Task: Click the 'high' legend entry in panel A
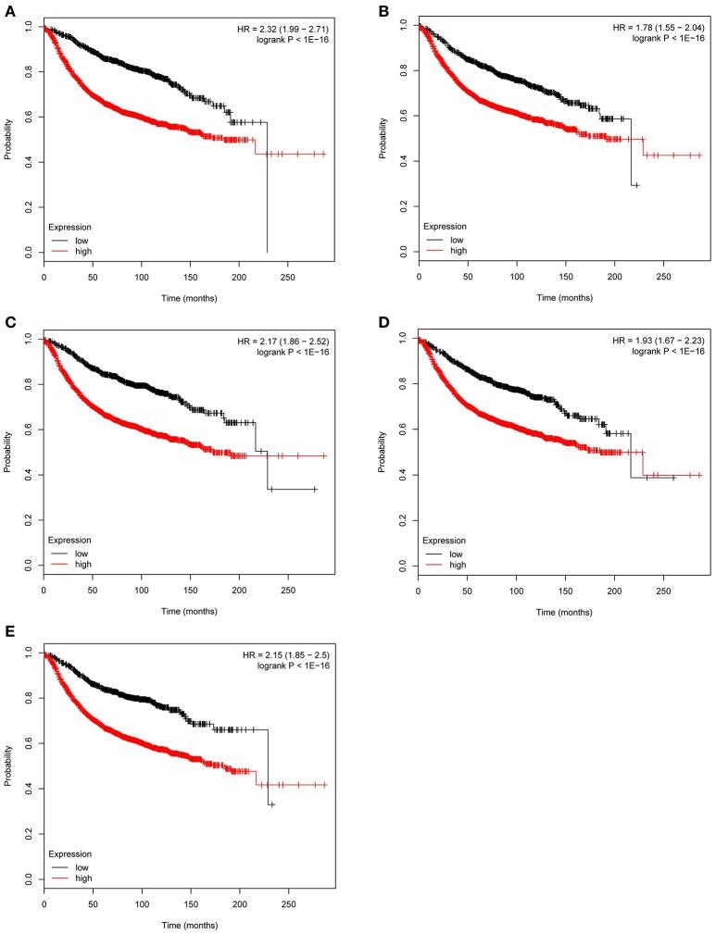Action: click(83, 251)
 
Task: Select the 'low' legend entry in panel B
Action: click(458, 239)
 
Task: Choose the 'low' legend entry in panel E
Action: click(83, 865)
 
